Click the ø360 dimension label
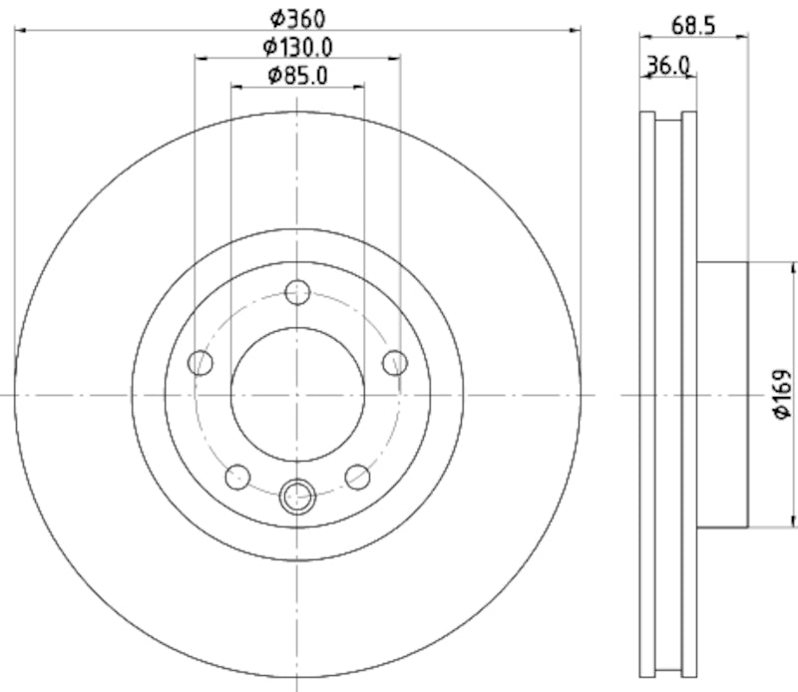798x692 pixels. [x=297, y=17]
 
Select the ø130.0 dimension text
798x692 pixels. [x=297, y=46]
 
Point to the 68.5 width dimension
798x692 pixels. [x=693, y=26]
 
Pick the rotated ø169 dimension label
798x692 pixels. [x=781, y=396]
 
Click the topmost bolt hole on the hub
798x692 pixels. [x=297, y=292]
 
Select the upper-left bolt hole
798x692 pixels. [x=201, y=362]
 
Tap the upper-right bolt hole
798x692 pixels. [x=395, y=362]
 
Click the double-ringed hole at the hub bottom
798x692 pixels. [x=297, y=496]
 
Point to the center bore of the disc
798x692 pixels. [x=297, y=395]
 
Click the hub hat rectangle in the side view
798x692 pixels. [x=721, y=395]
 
